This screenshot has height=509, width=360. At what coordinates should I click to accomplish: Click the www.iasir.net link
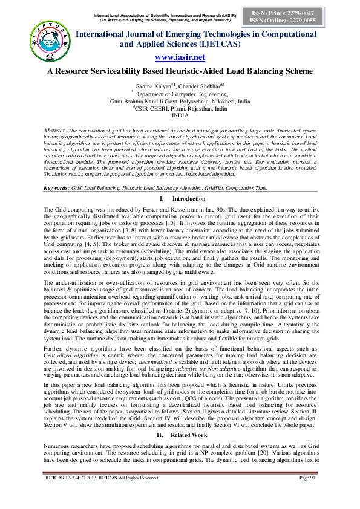tap(180, 57)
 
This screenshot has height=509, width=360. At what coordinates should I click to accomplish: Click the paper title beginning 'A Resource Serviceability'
tap(180, 71)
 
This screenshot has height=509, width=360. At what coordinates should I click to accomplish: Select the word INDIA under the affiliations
tap(180, 115)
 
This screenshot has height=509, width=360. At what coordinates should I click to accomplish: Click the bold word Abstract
tap(56, 130)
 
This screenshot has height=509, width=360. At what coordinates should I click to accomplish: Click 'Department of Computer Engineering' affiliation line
tap(180, 94)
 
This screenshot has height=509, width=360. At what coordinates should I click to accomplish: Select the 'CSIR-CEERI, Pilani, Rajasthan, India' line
tap(180, 108)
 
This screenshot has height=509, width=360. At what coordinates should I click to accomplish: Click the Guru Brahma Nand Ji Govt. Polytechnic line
tap(180, 101)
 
